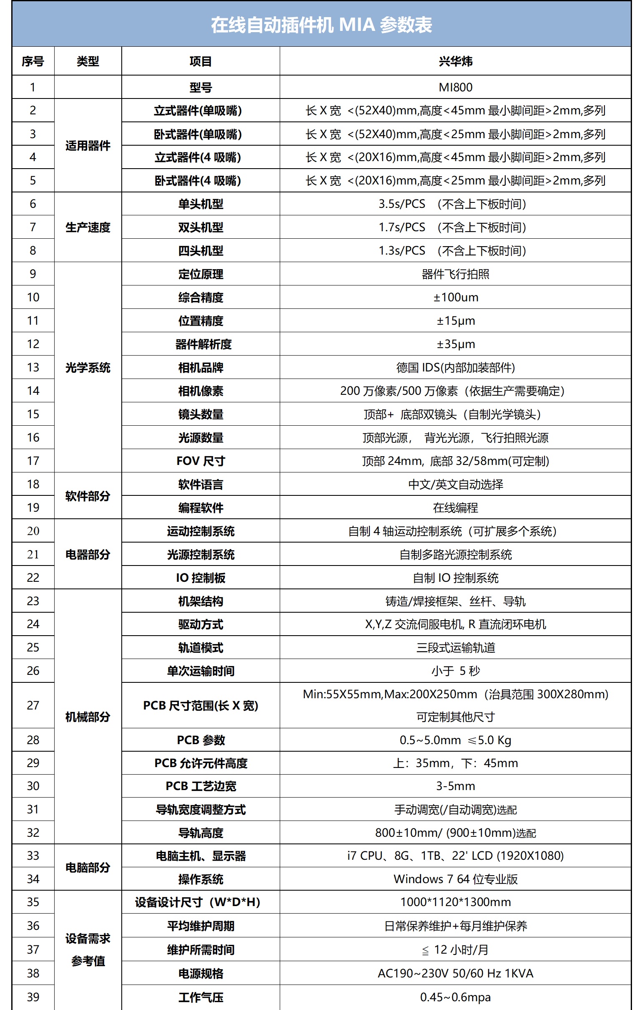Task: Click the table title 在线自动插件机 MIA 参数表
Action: pyautogui.click(x=321, y=25)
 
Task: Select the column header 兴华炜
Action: pyautogui.click(x=455, y=61)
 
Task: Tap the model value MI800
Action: pyautogui.click(x=455, y=87)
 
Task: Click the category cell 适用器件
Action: pyautogui.click(x=88, y=146)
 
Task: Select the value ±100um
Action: pyautogui.click(x=455, y=298)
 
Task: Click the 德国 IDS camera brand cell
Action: pyautogui.click(x=455, y=368)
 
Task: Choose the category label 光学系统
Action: pyautogui.click(x=88, y=368)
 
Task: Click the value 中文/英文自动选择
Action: pyautogui.click(x=455, y=485)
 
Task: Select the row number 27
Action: pyautogui.click(x=33, y=705)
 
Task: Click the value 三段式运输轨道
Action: pyautogui.click(x=455, y=648)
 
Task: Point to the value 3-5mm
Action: pyautogui.click(x=455, y=785)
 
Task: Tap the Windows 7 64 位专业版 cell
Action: pyautogui.click(x=455, y=879)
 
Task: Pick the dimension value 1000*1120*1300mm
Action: pyautogui.click(x=455, y=902)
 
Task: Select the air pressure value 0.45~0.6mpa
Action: pyautogui.click(x=455, y=997)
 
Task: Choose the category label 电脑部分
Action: pyautogui.click(x=88, y=867)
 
